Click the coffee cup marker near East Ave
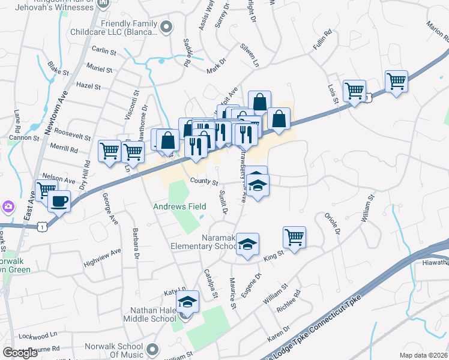point(59,202)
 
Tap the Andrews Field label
point(179,206)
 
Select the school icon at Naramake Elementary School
point(247,244)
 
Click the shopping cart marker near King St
point(294,237)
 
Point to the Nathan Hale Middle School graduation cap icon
point(187,302)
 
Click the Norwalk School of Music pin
point(153,349)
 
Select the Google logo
point(20,353)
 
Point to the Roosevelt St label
point(73,133)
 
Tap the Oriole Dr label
point(332,224)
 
